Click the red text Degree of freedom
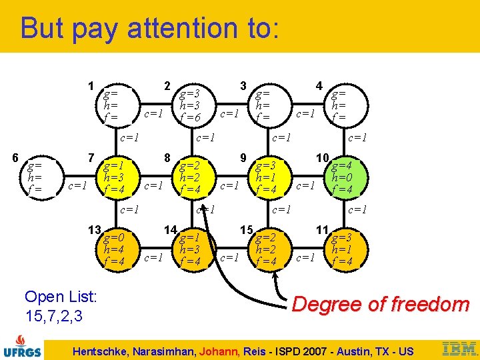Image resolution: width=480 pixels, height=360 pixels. [381, 305]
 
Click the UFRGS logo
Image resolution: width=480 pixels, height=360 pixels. [23, 344]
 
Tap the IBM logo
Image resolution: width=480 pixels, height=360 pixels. [459, 348]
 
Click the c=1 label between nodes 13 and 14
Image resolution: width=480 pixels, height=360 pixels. [153, 257]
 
